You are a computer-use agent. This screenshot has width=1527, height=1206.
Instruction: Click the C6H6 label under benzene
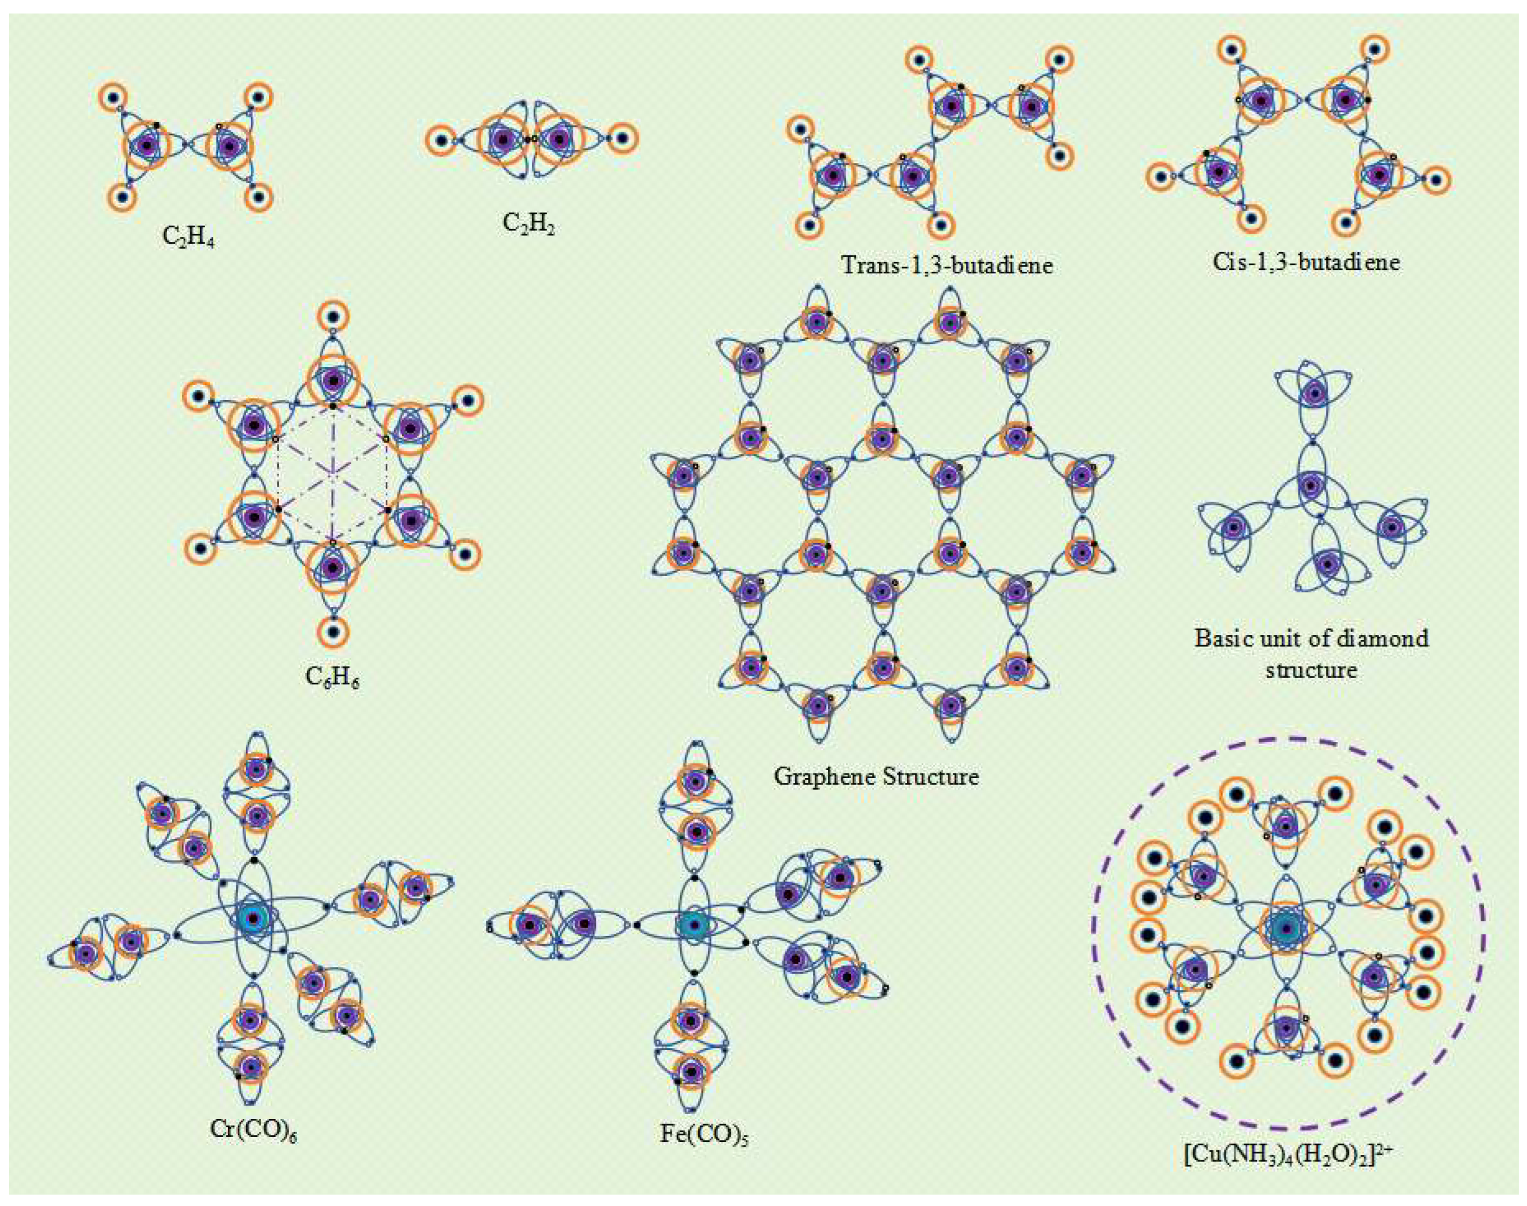(x=332, y=678)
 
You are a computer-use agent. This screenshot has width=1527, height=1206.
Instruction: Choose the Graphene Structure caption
(x=876, y=777)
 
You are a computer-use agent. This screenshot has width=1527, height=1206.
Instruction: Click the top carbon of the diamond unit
(x=1314, y=393)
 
